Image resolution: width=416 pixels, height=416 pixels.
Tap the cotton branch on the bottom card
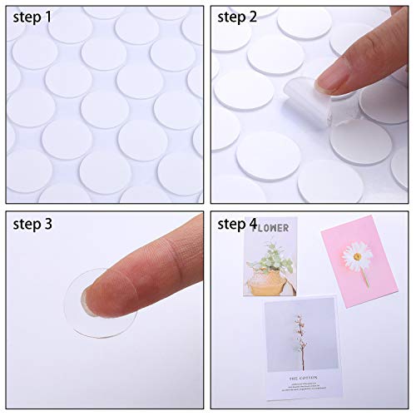pyautogui.click(x=302, y=333)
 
